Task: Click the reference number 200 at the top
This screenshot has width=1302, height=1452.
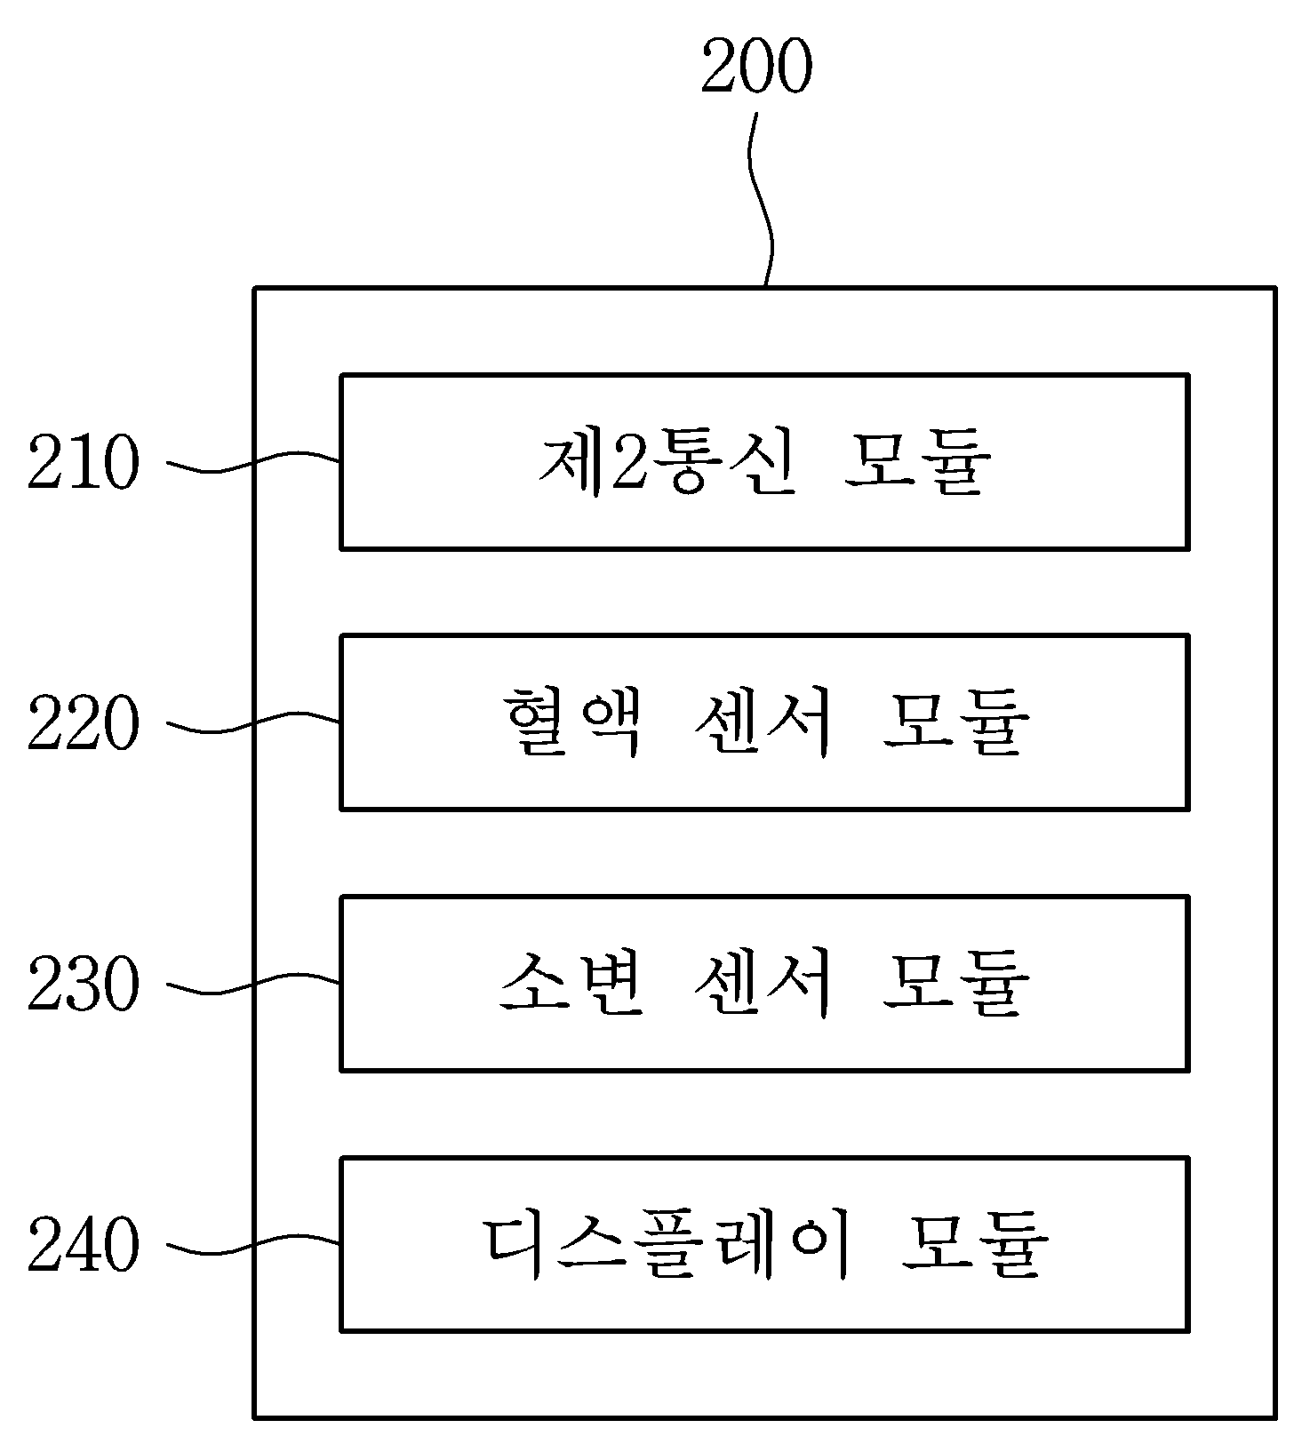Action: click(x=756, y=68)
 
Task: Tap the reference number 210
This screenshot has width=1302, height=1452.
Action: click(x=84, y=463)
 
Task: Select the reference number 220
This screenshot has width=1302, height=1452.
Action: click(x=84, y=723)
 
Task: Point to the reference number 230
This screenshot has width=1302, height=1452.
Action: click(x=84, y=985)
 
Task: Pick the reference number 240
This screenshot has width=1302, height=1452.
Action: click(x=84, y=1245)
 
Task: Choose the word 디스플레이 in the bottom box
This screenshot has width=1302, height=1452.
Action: click(x=667, y=1245)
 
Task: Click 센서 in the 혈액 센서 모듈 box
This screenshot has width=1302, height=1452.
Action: click(x=763, y=723)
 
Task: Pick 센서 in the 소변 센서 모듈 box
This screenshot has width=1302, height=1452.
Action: click(x=763, y=985)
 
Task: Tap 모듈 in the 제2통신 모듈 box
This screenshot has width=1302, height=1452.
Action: click(x=916, y=463)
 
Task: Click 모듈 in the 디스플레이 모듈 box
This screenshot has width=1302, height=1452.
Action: click(x=975, y=1245)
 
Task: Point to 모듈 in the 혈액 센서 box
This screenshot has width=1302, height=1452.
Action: click(x=956, y=723)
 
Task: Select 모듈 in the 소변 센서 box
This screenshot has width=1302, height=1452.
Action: click(x=956, y=985)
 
